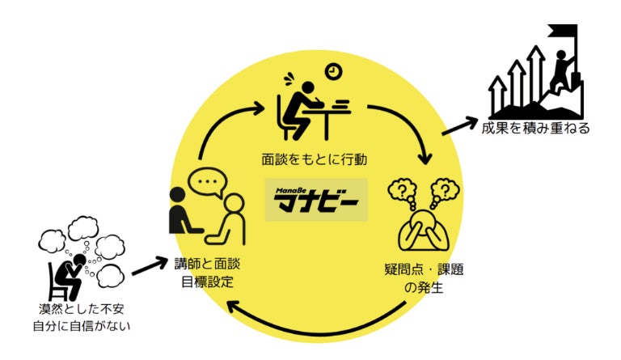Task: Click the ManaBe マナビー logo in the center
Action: [315, 199]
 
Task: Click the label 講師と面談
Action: [208, 265]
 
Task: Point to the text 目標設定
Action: [208, 283]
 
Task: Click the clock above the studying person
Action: [333, 73]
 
